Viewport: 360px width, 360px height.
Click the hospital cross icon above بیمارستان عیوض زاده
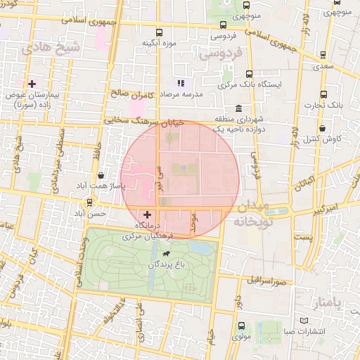(x=32, y=84)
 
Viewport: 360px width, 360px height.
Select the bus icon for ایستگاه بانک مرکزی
(x=250, y=73)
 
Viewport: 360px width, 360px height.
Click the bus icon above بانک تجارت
(x=323, y=94)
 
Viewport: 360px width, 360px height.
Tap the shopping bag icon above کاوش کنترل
(x=322, y=128)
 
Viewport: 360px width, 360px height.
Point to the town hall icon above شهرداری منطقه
(x=239, y=109)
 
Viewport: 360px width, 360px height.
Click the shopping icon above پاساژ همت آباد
(x=103, y=175)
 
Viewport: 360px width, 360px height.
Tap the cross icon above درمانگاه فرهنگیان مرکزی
(x=147, y=214)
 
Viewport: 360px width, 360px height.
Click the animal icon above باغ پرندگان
(x=167, y=254)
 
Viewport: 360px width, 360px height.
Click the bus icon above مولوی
(x=241, y=326)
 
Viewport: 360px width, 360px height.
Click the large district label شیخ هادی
(x=42, y=47)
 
